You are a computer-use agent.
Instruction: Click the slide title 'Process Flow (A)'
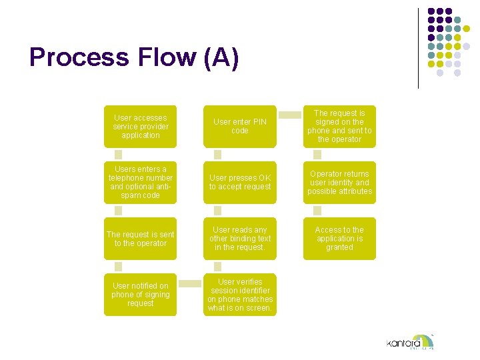click(133, 58)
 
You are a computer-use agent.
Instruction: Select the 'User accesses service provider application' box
click(141, 127)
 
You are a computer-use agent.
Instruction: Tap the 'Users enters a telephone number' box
click(141, 183)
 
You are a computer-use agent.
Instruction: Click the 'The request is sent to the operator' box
click(141, 239)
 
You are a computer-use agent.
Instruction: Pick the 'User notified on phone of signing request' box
click(141, 295)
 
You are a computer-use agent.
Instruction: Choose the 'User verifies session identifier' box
click(240, 295)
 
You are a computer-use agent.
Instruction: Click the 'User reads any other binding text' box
click(240, 239)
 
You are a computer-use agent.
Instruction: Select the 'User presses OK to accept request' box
click(240, 183)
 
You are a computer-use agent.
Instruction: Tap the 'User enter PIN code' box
click(240, 127)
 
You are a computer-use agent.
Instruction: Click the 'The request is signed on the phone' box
click(339, 127)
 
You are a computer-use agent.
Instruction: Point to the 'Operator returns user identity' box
click(339, 183)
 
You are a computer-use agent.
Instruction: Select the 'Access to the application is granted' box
click(339, 239)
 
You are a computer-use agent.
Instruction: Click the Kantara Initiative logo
click(410, 342)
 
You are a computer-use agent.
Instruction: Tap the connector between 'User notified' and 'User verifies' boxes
click(190, 283)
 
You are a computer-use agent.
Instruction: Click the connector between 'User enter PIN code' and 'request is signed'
click(289, 115)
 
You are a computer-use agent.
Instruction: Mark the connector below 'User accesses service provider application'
click(119, 155)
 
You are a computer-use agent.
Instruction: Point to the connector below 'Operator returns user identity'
click(317, 211)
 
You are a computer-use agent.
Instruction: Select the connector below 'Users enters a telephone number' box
click(119, 211)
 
